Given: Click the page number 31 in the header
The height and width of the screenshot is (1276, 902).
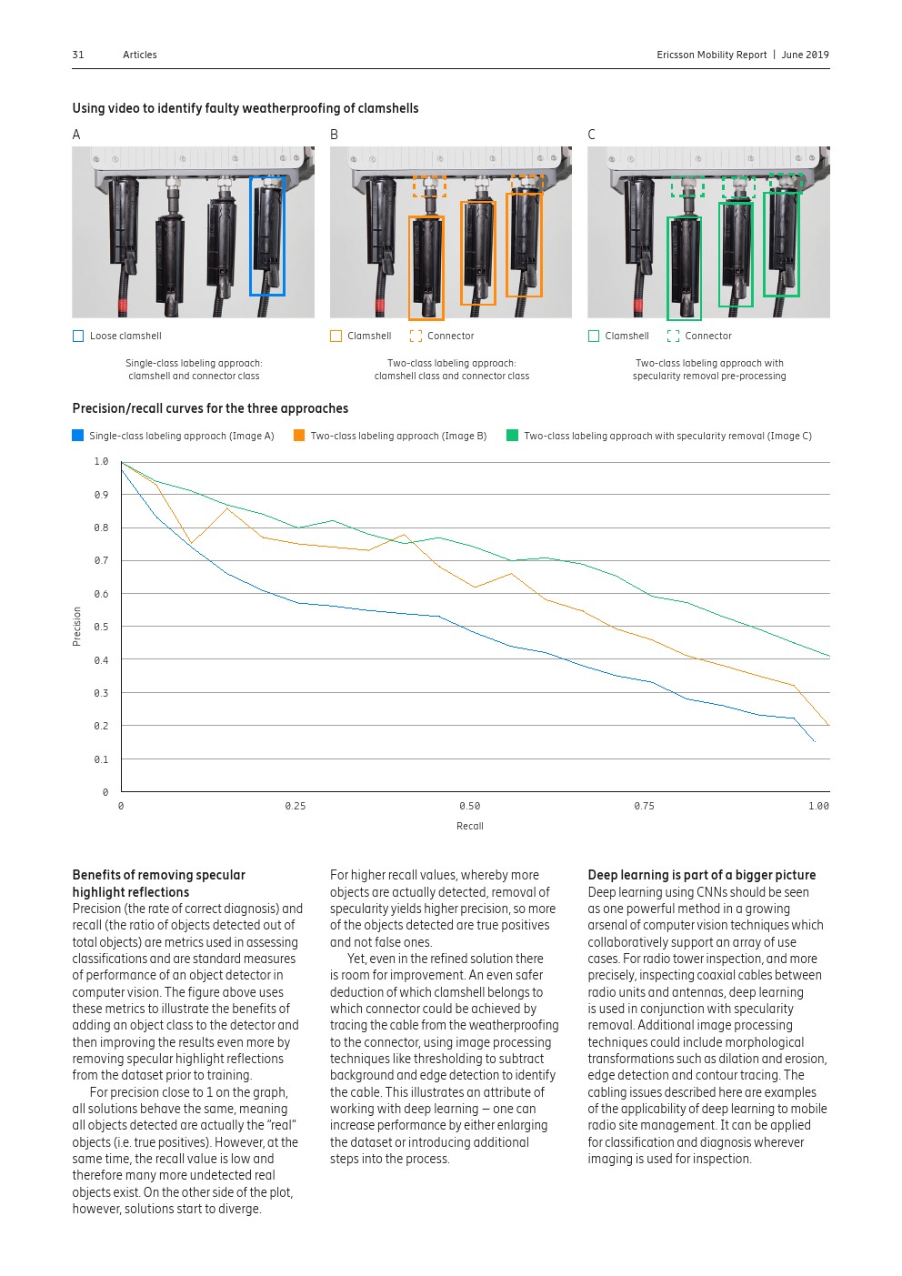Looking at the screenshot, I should pyautogui.click(x=78, y=55).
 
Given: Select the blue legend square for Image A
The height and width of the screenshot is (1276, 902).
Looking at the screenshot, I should pyautogui.click(x=77, y=436).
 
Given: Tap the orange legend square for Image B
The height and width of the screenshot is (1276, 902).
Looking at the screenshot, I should pyautogui.click(x=299, y=436).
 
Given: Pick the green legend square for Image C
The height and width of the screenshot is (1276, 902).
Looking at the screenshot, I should pyautogui.click(x=512, y=436).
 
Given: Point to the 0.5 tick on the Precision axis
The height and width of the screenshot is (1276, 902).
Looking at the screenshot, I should pyautogui.click(x=101, y=627).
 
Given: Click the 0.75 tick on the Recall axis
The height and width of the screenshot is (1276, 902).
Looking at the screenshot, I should pyautogui.click(x=644, y=806).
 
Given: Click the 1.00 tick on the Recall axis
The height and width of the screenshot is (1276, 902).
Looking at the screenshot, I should pyautogui.click(x=818, y=806).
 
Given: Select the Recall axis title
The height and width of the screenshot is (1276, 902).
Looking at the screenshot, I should pyautogui.click(x=470, y=826).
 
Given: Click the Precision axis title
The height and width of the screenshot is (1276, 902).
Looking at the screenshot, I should pyautogui.click(x=77, y=627).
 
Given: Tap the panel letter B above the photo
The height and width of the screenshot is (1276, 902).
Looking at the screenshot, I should pyautogui.click(x=334, y=135).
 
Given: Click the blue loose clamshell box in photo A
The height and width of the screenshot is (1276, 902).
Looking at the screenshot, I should pyautogui.click(x=267, y=236).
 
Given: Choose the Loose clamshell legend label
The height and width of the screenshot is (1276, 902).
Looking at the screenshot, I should pyautogui.click(x=125, y=336).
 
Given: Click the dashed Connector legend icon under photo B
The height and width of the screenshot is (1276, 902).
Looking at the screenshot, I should pyautogui.click(x=416, y=336).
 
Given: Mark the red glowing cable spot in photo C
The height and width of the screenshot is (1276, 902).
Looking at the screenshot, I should pyautogui.click(x=637, y=305).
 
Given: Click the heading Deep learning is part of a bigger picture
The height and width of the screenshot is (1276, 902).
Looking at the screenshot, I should pyautogui.click(x=701, y=875).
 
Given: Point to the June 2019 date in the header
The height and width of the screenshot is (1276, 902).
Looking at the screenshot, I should pyautogui.click(x=805, y=55).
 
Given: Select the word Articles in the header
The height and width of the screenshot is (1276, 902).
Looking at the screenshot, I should pyautogui.click(x=140, y=55).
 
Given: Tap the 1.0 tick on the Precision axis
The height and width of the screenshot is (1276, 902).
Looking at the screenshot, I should pyautogui.click(x=101, y=462).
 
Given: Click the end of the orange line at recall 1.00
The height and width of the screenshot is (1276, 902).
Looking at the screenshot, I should pyautogui.click(x=828, y=725).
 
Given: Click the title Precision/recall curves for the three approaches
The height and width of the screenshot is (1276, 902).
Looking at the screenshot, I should pyautogui.click(x=210, y=408).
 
